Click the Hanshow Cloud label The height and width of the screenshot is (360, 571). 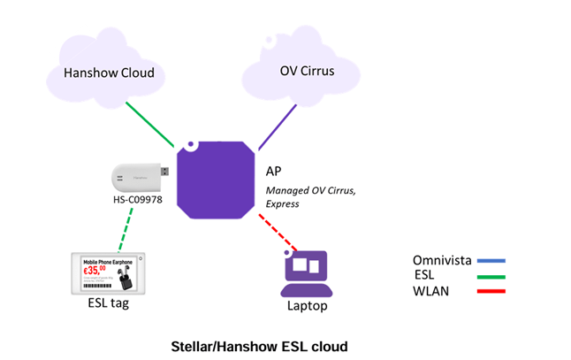(110, 73)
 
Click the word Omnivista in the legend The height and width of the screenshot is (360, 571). (441, 260)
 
